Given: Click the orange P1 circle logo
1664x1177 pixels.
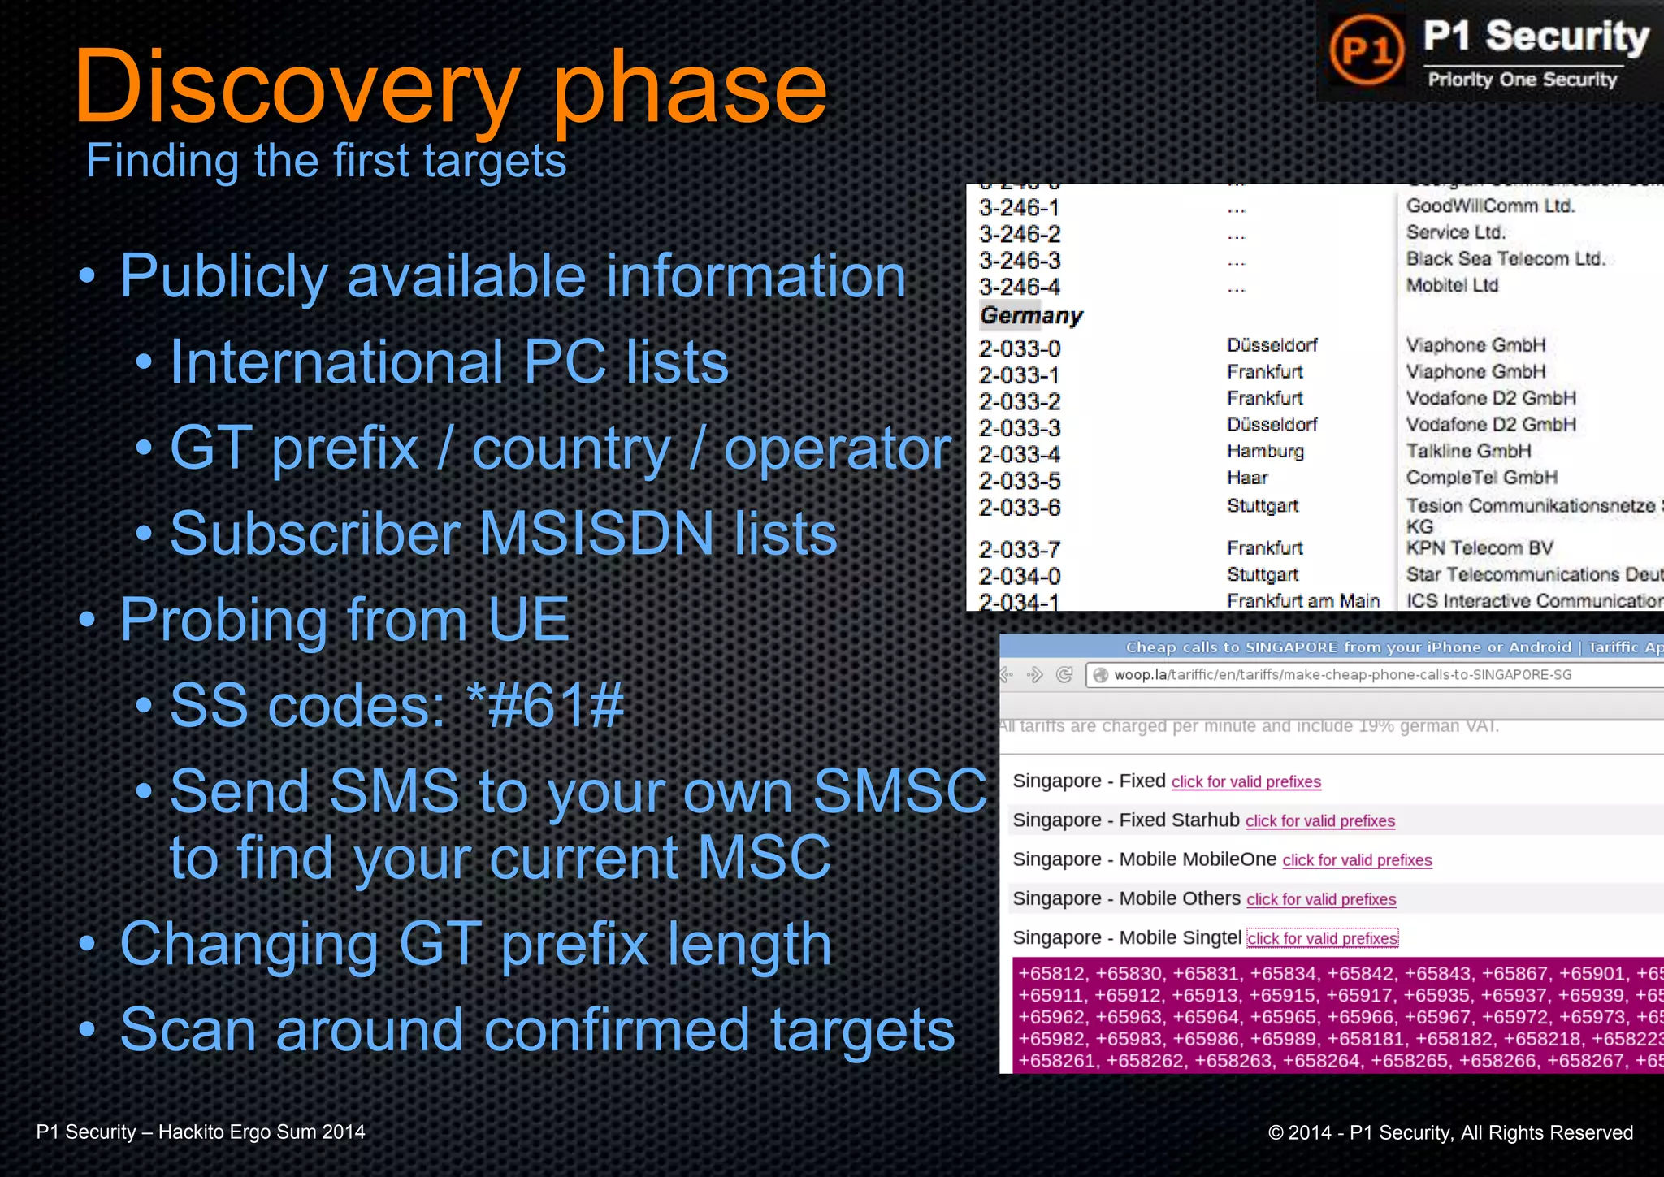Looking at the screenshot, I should click(1367, 50).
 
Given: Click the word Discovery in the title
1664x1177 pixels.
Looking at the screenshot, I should click(297, 87).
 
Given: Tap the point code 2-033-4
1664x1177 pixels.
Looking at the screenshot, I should click(1020, 454).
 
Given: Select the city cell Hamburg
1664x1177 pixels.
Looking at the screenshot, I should click(1265, 452).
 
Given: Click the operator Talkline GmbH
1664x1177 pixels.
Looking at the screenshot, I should click(1468, 452).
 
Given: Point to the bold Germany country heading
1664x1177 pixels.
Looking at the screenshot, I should click(1031, 316).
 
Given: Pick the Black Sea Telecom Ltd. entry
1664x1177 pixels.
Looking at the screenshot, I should click(1506, 259).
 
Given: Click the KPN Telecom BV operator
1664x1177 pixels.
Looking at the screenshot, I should click(1480, 548).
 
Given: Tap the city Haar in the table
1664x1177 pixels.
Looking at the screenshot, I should click(1247, 478).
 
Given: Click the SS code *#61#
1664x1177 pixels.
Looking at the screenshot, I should click(545, 705).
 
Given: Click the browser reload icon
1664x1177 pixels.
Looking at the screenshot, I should click(1064, 675).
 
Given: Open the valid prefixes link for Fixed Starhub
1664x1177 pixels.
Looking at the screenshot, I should click(1319, 821).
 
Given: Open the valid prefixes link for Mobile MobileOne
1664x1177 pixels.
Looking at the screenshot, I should click(1357, 860).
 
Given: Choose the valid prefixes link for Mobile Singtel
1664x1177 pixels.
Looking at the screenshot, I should click(1322, 939).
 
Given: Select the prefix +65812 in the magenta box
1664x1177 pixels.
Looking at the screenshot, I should click(1051, 974).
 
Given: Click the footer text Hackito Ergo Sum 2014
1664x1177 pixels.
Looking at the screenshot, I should click(262, 1132).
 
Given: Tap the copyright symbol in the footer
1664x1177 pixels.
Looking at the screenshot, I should click(1276, 1133).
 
